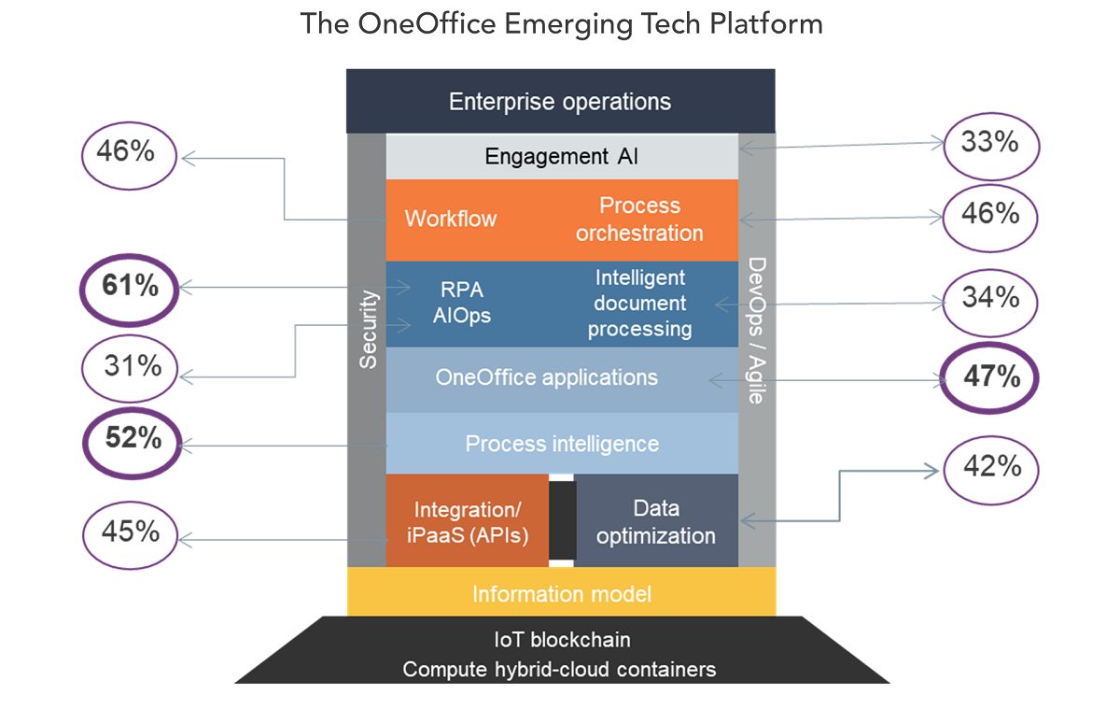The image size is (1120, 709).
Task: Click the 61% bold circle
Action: coord(131,287)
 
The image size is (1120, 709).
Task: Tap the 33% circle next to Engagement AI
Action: coord(991,143)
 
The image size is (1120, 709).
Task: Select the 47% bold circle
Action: coord(991,377)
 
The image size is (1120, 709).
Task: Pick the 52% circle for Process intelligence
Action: coord(133,438)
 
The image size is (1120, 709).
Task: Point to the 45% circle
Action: coord(131,532)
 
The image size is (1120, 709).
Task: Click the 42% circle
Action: coord(991,466)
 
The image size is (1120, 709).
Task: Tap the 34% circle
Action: coord(991,298)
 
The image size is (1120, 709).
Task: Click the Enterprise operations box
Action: coord(560,101)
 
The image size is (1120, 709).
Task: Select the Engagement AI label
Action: coord(562,156)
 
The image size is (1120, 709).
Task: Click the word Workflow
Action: coord(451,220)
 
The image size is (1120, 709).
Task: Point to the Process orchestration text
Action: coord(639,220)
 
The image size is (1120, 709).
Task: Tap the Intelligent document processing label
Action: coord(639,304)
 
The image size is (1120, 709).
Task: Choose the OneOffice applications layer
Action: coord(547,378)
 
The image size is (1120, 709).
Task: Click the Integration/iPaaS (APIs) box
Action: coord(467,521)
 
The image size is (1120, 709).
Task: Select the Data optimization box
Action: coord(656,521)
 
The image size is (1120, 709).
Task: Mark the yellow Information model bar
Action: coord(561,594)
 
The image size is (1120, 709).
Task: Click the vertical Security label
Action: coord(368,328)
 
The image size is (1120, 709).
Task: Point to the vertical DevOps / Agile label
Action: coord(757,330)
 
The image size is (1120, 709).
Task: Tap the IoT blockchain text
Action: coord(561,640)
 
